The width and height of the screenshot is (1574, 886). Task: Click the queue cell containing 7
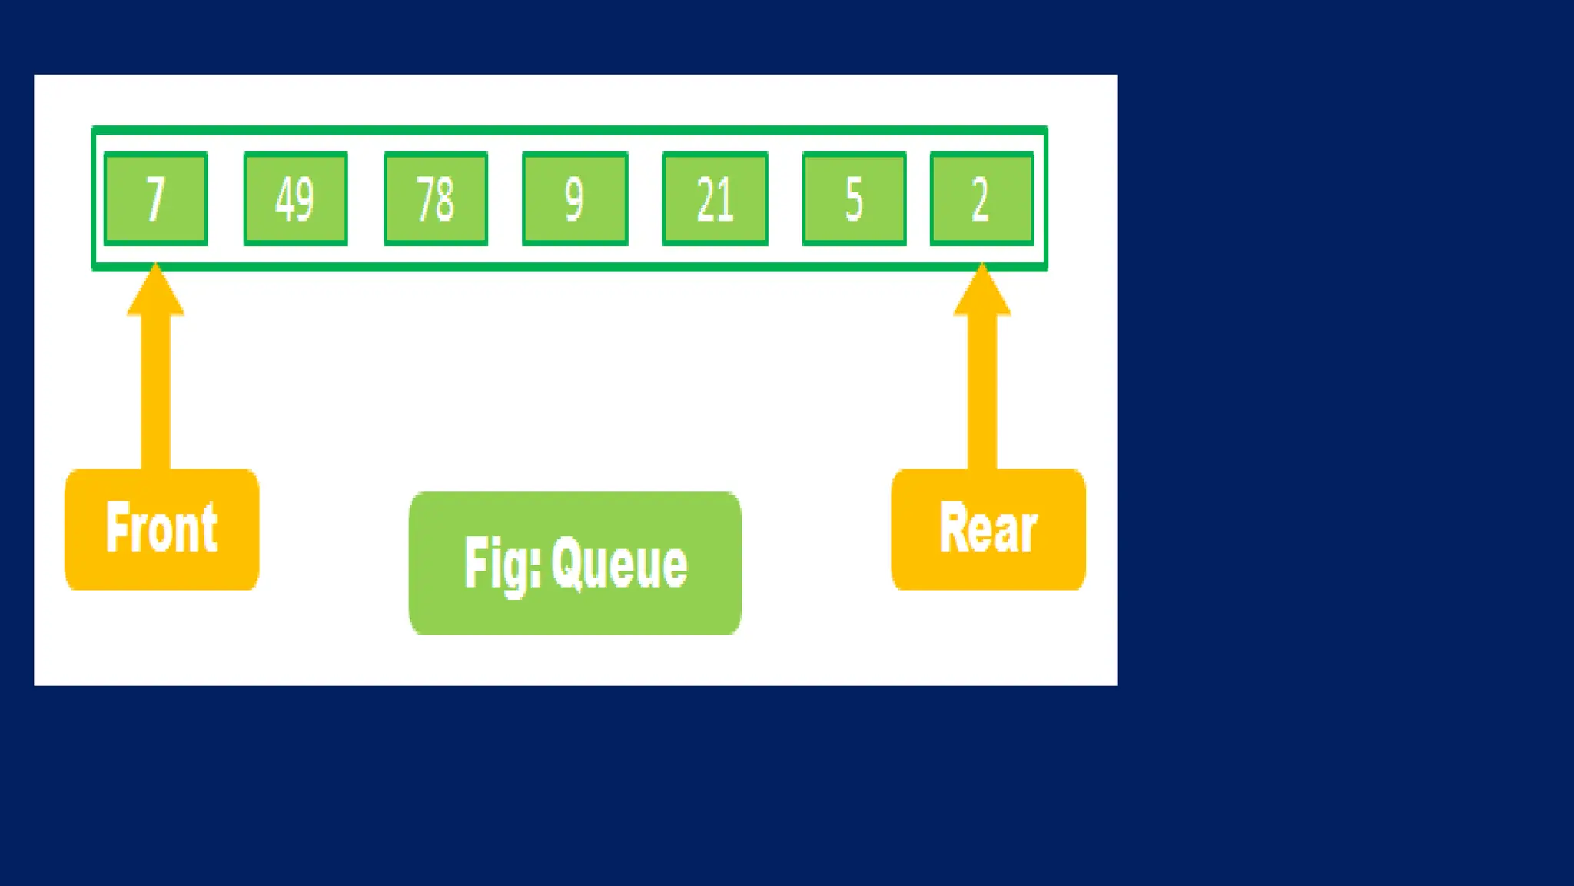[x=156, y=198]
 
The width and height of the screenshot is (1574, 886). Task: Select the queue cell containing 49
[x=296, y=198]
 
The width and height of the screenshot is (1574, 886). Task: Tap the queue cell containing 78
[x=436, y=198]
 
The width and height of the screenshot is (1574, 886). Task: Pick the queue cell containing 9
[x=575, y=198]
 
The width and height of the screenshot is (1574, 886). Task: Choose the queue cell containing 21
[x=715, y=198]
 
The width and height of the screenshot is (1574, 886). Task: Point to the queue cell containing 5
[x=854, y=198]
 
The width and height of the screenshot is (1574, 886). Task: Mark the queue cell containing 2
[x=981, y=198]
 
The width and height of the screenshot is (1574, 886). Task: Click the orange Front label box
[x=161, y=530]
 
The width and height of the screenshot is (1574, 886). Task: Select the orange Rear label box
[x=988, y=530]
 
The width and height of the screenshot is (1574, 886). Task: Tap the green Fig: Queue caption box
[x=575, y=563]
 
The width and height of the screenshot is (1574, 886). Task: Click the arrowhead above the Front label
[x=156, y=292]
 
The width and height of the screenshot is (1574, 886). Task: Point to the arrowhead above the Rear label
[x=982, y=292]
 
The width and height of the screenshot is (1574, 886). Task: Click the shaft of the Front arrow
[x=156, y=392]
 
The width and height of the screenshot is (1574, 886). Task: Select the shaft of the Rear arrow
[x=982, y=392]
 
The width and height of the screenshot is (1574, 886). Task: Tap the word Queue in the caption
[x=619, y=564]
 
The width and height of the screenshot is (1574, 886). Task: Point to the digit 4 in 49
[x=284, y=198]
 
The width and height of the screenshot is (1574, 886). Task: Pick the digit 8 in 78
[x=445, y=198]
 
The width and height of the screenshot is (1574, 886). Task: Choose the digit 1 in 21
[x=726, y=198]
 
